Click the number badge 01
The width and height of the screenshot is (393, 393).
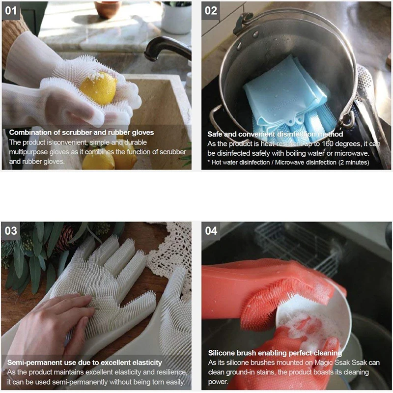pyautogui.click(x=11, y=11)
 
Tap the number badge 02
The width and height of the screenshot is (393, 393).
pyautogui.click(x=211, y=11)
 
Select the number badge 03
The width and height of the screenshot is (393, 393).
pyautogui.click(x=11, y=231)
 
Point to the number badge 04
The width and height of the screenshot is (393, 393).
pyautogui.click(x=211, y=231)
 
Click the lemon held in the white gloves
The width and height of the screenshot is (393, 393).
pyautogui.click(x=99, y=88)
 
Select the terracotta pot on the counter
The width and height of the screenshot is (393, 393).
pyautogui.click(x=108, y=9)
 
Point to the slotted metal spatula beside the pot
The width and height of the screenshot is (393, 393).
pyautogui.click(x=371, y=105)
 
